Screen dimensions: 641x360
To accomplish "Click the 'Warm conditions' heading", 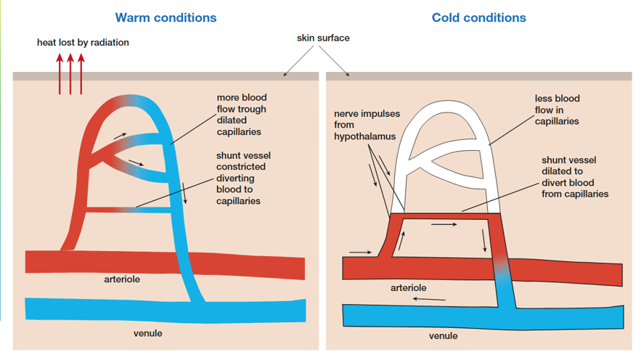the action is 166,17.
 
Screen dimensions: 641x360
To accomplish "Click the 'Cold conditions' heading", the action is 478,17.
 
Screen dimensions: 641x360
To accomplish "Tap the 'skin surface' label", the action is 323,38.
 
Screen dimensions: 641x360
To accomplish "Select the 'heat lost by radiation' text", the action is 83,43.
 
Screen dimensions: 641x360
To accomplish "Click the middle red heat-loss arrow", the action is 70,74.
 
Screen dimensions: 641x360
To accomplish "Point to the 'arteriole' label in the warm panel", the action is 122,279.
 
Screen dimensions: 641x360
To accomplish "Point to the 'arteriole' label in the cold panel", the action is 409,287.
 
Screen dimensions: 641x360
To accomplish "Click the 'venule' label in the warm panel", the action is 147,333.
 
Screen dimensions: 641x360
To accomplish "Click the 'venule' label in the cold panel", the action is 443,335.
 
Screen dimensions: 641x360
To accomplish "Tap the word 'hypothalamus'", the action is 364,136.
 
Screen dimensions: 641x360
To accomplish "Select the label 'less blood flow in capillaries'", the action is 557,110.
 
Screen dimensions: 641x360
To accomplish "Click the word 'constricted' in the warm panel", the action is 241,167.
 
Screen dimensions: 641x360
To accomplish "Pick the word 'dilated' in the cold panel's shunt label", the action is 562,171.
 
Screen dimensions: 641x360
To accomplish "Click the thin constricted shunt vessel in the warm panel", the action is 128,210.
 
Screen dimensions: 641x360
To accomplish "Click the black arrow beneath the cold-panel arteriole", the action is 429,300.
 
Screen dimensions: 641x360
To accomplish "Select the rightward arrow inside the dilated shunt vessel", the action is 444,224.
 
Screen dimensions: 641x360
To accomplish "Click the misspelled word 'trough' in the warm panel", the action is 254,109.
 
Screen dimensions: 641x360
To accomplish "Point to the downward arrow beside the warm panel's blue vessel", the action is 184,193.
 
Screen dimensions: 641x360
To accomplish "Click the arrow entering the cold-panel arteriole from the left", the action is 360,252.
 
